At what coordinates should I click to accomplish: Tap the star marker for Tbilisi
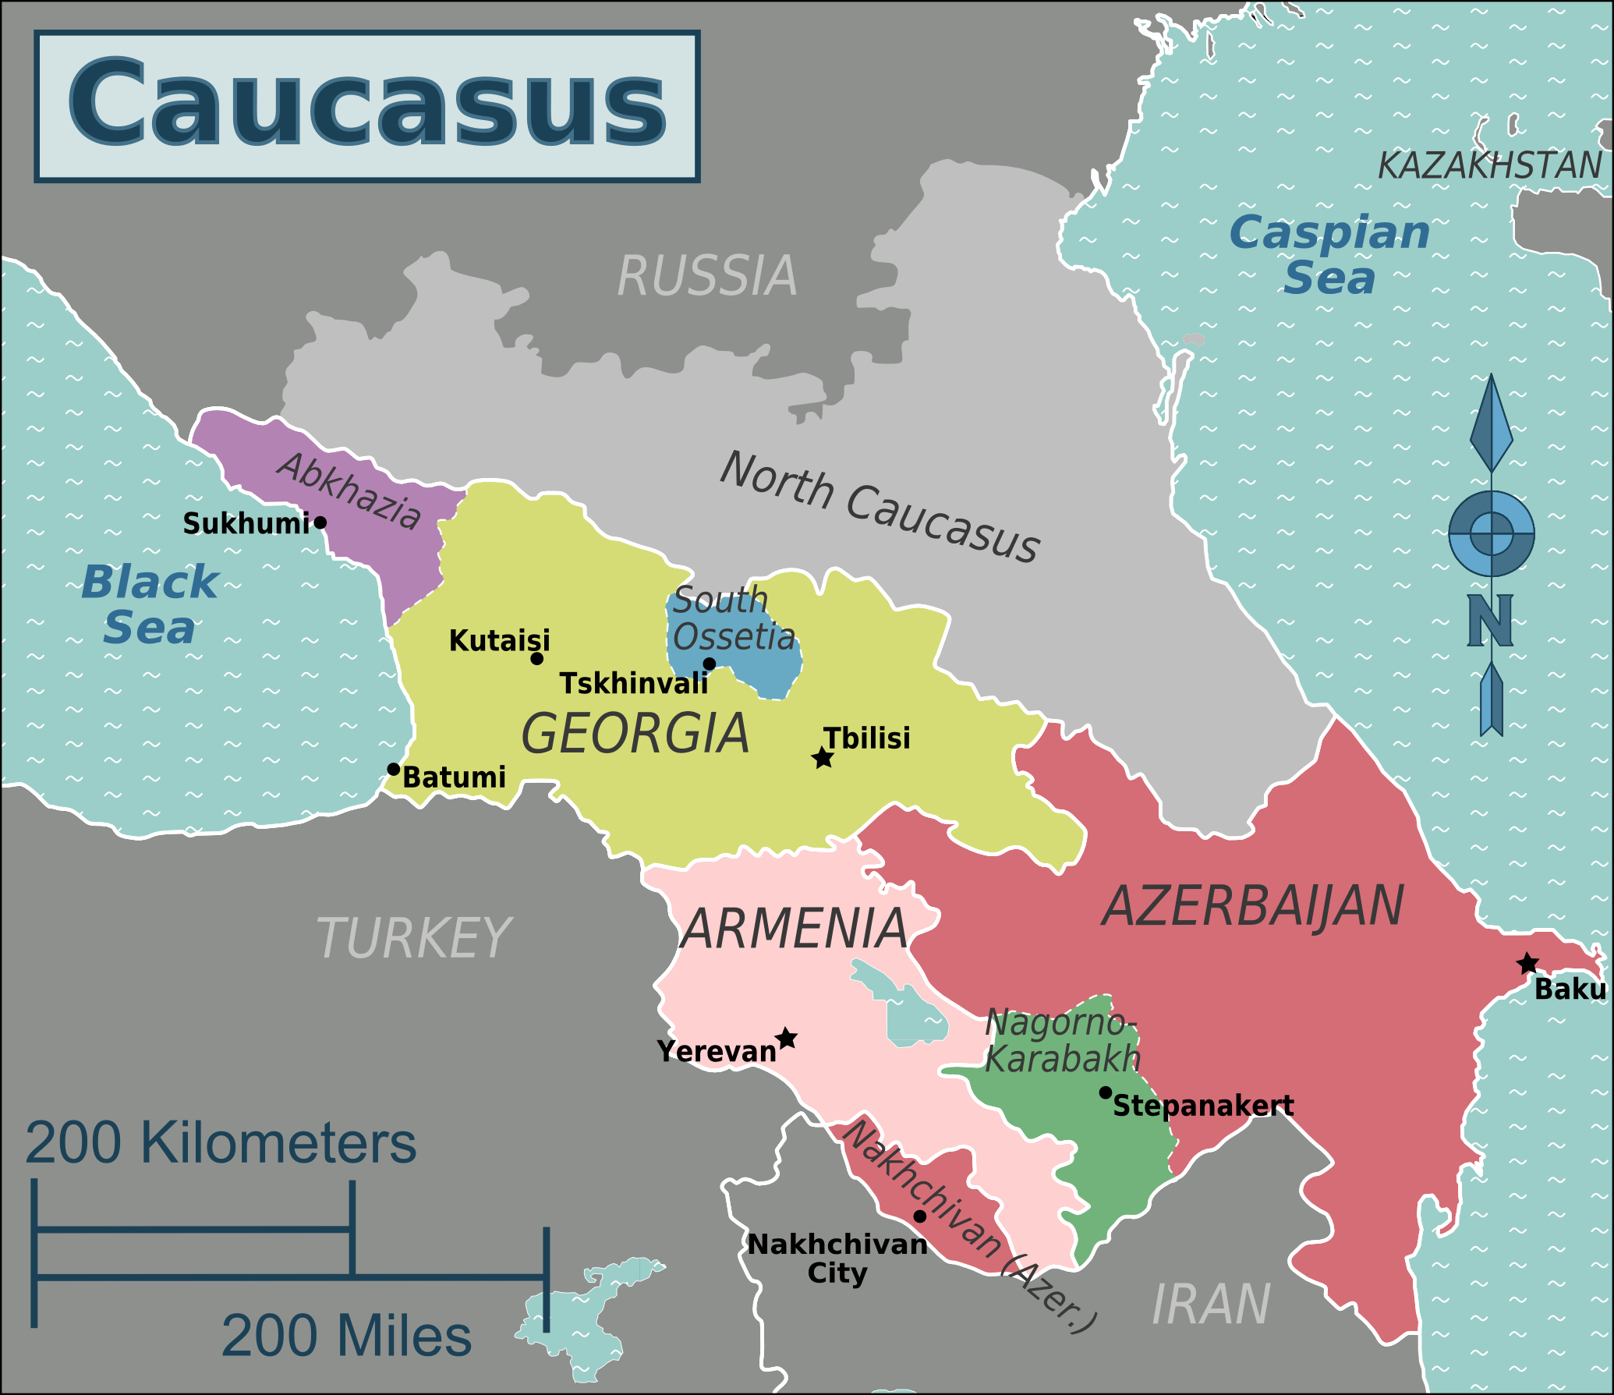[823, 758]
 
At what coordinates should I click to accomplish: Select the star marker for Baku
[1527, 964]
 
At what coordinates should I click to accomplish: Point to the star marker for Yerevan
[788, 1039]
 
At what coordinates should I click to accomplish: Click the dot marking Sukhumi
[320, 522]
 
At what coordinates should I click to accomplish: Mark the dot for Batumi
[394, 770]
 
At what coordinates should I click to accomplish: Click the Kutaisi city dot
[537, 659]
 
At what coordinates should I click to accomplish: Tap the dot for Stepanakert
[1105, 1092]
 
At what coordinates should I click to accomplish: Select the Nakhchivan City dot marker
[920, 1216]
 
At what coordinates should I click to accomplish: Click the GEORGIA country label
[635, 735]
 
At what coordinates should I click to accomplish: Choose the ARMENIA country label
[794, 929]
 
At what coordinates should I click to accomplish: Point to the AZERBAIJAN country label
[1253, 906]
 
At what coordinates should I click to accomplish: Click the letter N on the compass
[1490, 621]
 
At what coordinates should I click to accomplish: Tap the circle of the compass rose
[1492, 534]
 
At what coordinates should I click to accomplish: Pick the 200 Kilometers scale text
[221, 1144]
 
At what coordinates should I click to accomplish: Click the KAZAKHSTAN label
[1489, 166]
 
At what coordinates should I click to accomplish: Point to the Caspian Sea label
[1329, 255]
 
